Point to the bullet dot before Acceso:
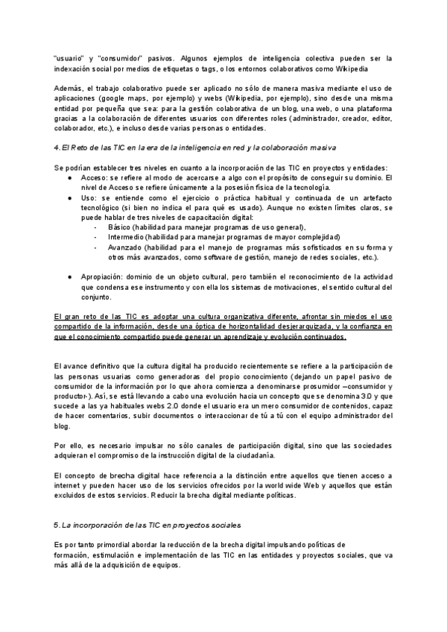pyautogui.click(x=69, y=178)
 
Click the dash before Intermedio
pyautogui.click(x=97, y=237)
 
